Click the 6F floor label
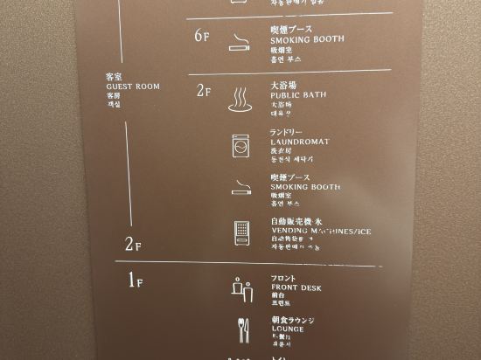203,36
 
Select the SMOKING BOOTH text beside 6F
307,40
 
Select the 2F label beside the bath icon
204,91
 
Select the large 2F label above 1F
133,245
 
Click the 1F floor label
135,281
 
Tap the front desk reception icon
241,287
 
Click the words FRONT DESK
297,287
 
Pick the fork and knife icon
241,329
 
